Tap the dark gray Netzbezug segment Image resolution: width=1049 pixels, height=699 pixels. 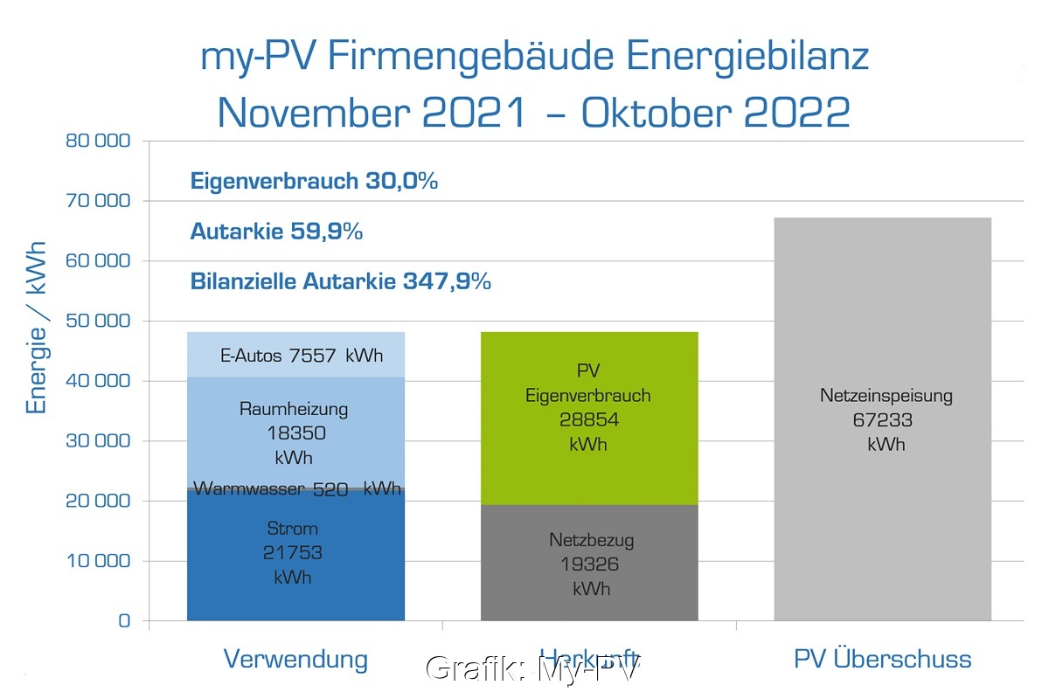pos(590,563)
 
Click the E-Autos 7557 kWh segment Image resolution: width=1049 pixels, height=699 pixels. pos(295,356)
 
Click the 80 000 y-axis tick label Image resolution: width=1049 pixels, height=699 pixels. pos(98,141)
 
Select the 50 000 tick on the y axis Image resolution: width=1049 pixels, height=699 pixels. pos(98,321)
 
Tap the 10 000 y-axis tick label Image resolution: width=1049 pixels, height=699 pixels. pos(98,561)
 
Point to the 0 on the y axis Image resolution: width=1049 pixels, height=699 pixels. pos(123,621)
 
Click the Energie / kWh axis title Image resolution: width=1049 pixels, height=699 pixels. pos(37,328)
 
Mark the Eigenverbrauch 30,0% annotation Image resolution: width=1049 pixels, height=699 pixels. pos(314,182)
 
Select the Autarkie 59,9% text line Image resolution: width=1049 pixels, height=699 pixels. pos(276,232)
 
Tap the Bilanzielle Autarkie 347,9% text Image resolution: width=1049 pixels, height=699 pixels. pos(340,281)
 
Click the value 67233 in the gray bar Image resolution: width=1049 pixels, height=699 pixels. pos(883,420)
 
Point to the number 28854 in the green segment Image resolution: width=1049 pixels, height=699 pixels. pos(588,420)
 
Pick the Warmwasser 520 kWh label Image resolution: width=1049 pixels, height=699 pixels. pos(296,488)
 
